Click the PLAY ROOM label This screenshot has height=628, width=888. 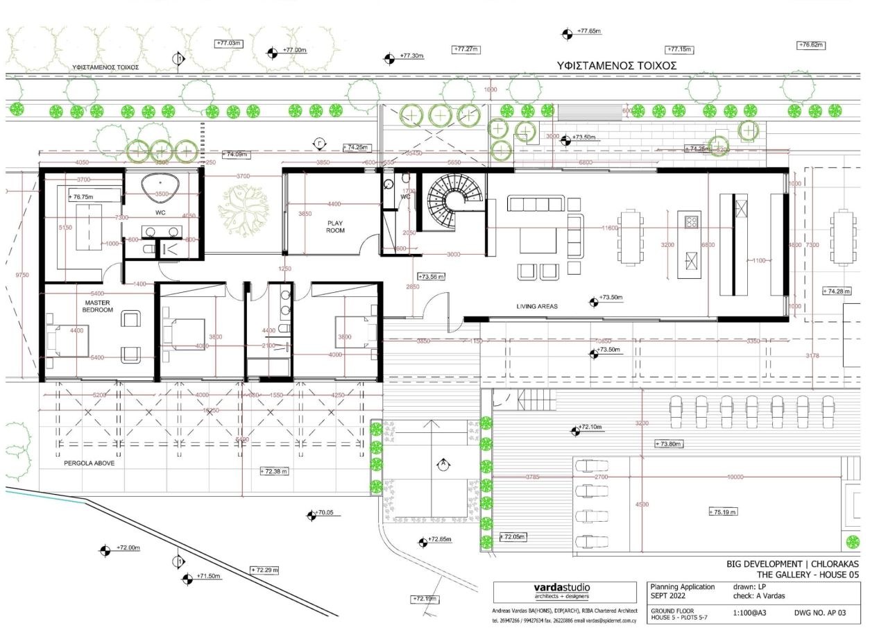335,227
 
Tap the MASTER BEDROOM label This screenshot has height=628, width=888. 99,306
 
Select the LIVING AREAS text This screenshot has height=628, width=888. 538,306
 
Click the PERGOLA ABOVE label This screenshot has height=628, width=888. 89,463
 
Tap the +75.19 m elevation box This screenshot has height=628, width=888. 723,512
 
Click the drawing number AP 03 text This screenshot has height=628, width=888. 828,613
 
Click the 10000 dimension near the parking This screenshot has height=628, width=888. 735,477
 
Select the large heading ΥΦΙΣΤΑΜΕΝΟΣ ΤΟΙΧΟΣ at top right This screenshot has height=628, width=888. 616,65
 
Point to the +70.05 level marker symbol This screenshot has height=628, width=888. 311,516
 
